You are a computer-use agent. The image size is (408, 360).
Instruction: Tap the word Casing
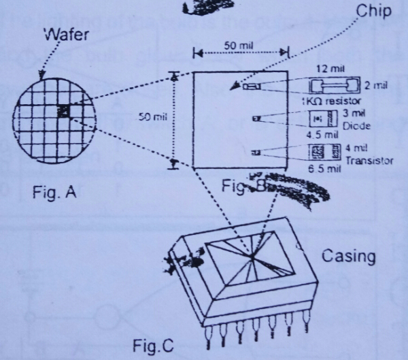point(348,257)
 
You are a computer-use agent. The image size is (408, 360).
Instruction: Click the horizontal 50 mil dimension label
point(237,45)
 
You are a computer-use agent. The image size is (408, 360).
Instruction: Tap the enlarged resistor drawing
point(332,85)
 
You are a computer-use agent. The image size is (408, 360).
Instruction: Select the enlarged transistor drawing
point(322,152)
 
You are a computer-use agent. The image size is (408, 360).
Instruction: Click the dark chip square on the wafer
point(63,111)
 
